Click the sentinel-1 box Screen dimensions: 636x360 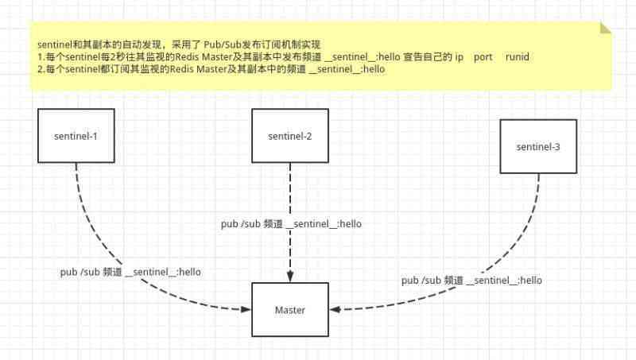(76, 136)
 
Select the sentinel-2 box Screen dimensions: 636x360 (290, 136)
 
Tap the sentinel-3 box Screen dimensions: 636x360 (538, 146)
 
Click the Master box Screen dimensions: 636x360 (290, 310)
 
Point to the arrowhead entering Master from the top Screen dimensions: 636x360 (290, 277)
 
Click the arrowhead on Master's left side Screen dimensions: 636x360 (246, 310)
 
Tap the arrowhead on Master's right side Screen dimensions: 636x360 (334, 310)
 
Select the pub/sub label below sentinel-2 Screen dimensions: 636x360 (291, 224)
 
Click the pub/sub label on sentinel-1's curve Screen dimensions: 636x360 (130, 272)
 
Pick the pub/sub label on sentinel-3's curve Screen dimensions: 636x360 (471, 281)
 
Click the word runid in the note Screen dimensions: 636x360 (518, 56)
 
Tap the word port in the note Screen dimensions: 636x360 (483, 57)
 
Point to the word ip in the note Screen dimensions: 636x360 (460, 57)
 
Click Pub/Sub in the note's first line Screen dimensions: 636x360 (223, 45)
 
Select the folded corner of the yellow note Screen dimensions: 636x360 (606, 28)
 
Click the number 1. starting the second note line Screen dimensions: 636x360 (41, 56)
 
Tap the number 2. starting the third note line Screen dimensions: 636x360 (41, 69)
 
